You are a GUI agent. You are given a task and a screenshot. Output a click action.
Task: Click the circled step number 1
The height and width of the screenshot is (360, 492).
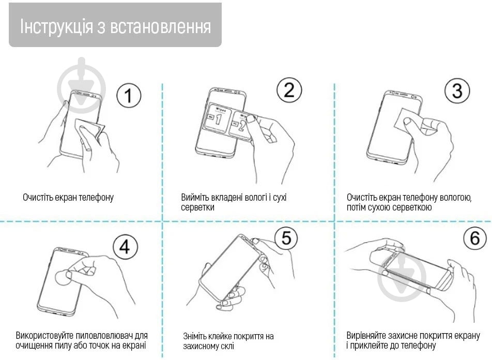tap(129, 96)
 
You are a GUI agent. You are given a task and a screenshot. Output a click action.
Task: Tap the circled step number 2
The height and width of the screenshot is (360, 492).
tap(289, 90)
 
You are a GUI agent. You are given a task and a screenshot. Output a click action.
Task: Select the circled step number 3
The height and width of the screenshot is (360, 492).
tap(457, 91)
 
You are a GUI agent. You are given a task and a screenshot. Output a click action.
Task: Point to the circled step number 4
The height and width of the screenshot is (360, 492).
tap(125, 247)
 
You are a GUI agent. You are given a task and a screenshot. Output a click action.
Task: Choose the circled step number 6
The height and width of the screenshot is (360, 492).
tap(474, 238)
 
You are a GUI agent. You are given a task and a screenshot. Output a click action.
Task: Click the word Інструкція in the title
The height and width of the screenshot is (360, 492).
tap(56, 26)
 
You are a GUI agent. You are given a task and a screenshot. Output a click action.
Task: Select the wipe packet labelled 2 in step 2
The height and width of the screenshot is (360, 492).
tap(240, 126)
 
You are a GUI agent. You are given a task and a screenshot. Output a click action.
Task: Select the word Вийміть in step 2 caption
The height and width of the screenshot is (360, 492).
tap(195, 198)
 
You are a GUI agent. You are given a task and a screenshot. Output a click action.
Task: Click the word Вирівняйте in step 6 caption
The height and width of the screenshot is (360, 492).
tap(366, 335)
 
